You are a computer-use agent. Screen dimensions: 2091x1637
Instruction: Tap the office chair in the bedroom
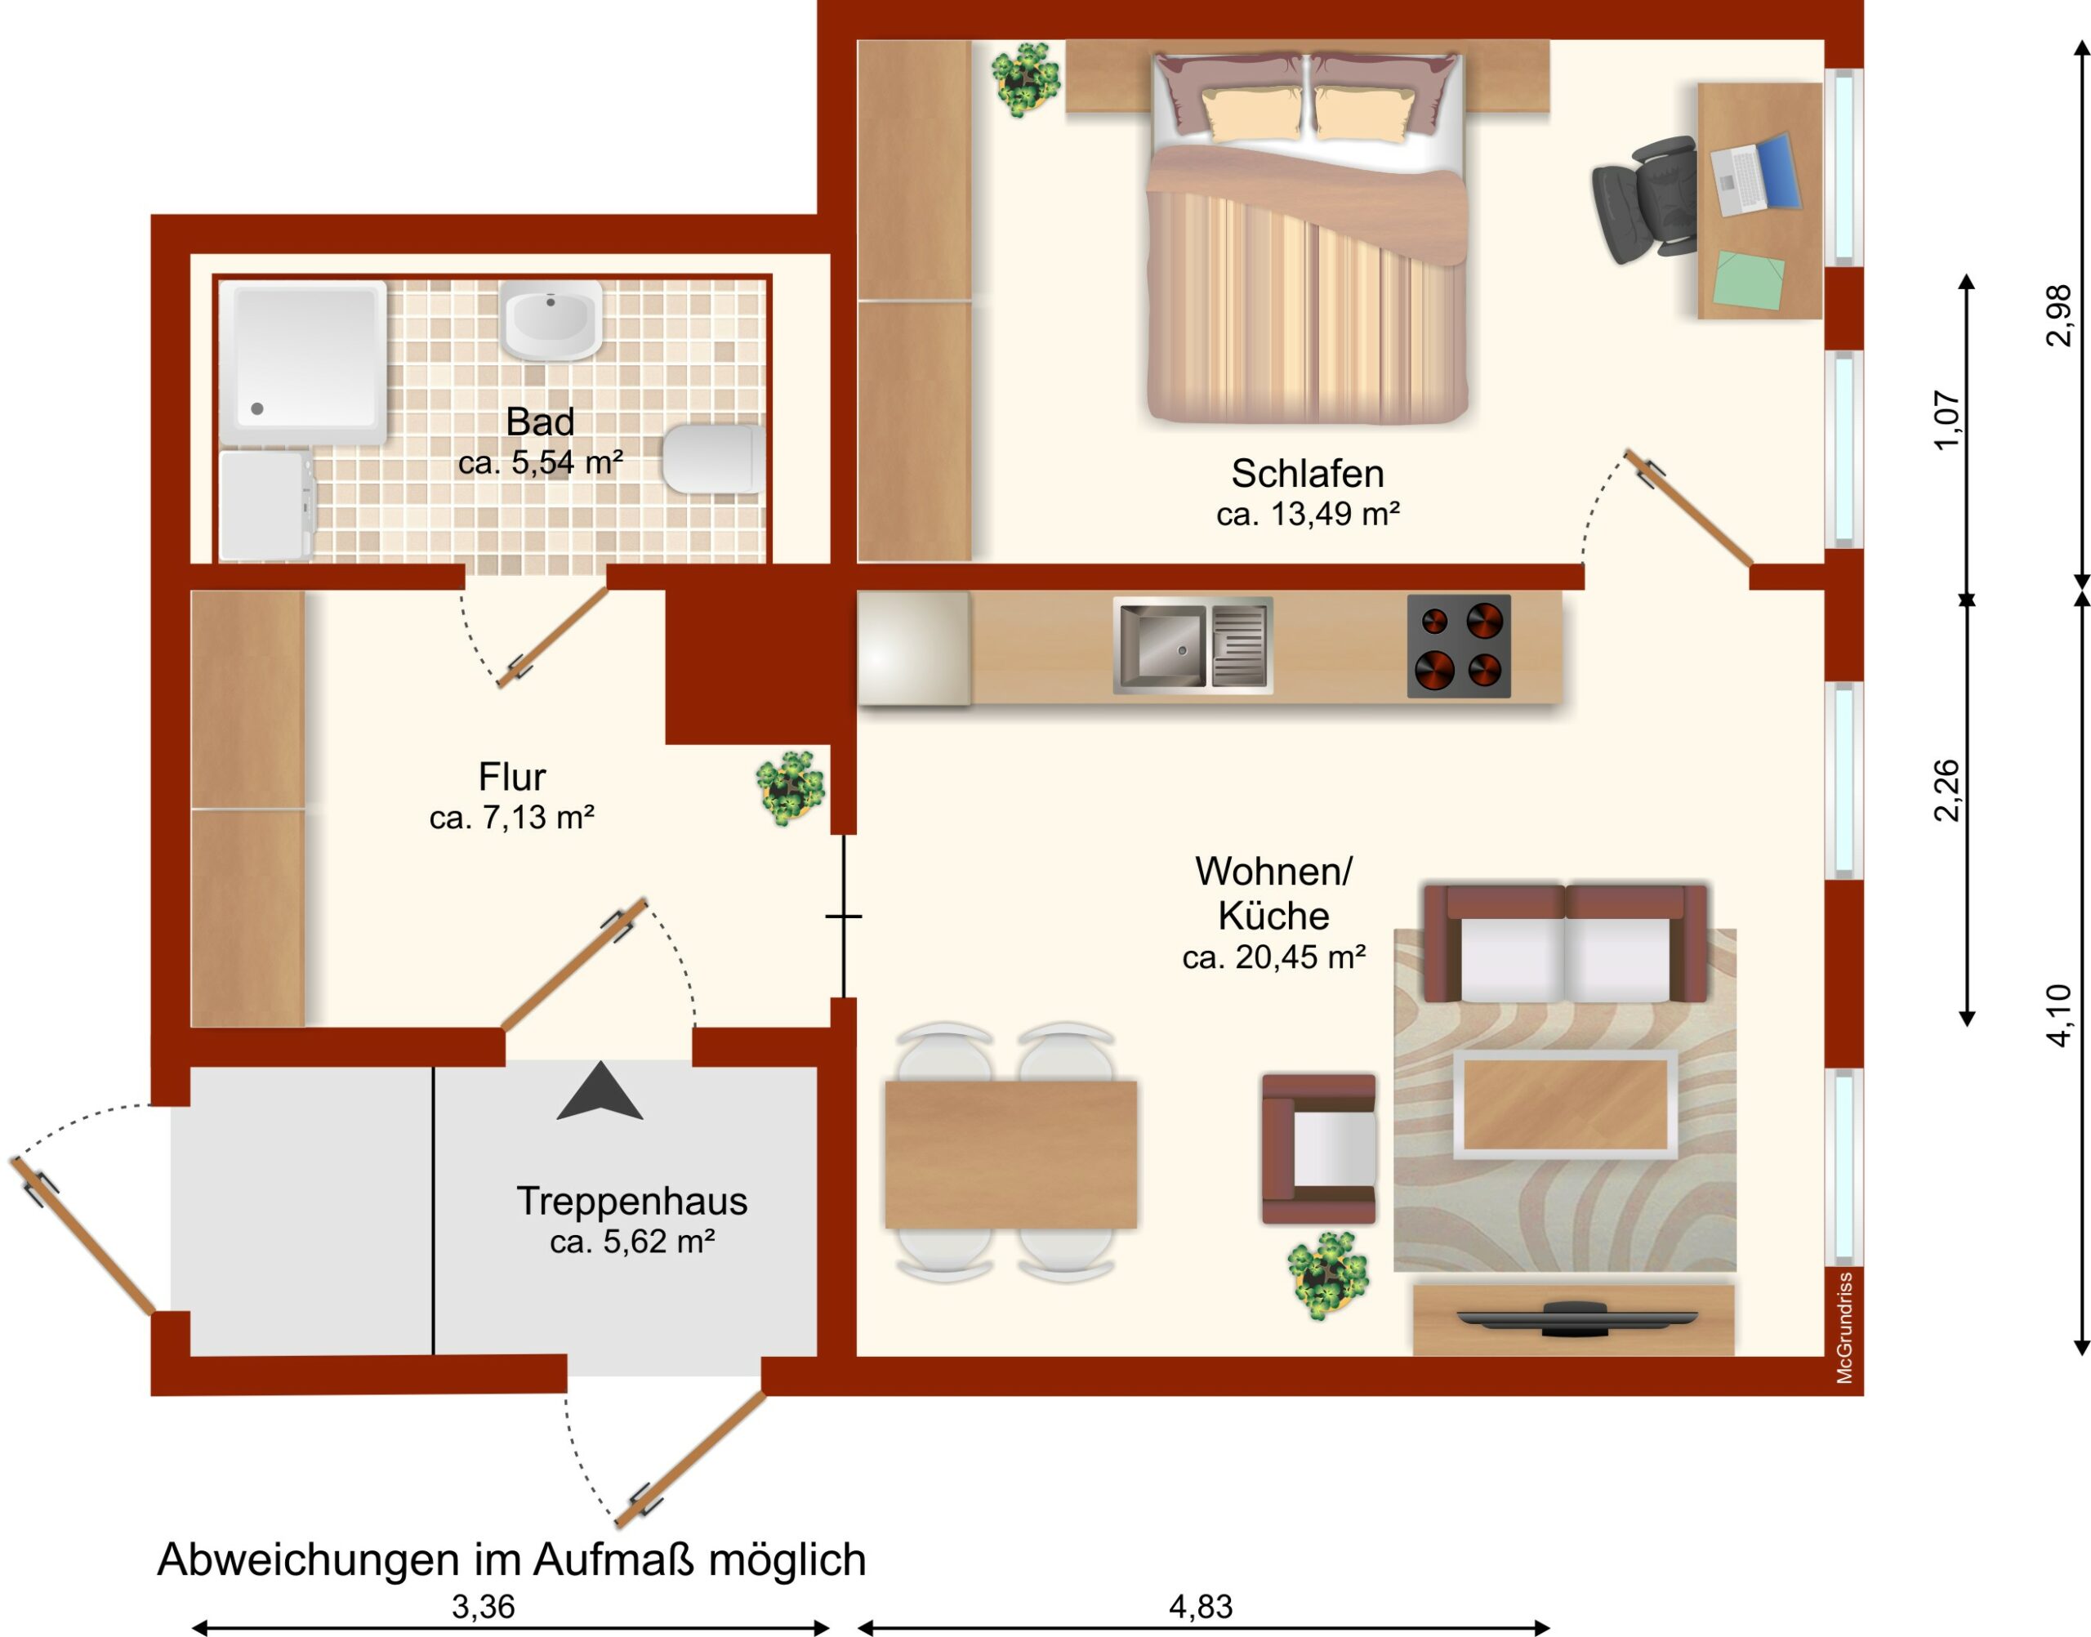click(1642, 199)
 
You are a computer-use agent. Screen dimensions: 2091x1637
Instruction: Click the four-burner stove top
click(1459, 646)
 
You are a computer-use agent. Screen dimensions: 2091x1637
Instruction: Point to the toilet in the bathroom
click(713, 459)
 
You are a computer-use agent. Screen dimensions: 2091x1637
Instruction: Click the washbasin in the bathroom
click(551, 320)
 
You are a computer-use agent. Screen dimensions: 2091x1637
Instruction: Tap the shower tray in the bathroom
click(303, 363)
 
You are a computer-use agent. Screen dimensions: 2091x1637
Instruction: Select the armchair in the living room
click(1318, 1149)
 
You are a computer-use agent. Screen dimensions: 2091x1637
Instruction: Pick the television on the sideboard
click(1576, 1318)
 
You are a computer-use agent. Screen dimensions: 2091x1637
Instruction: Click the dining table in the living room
click(1010, 1154)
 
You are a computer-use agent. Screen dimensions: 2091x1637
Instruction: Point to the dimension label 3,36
click(483, 1606)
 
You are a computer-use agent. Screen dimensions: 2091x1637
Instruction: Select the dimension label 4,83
click(1201, 1606)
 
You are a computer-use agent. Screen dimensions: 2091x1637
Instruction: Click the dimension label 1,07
click(1947, 419)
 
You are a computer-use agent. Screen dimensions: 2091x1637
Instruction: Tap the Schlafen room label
click(1307, 474)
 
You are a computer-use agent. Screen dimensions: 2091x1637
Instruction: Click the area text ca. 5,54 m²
click(541, 463)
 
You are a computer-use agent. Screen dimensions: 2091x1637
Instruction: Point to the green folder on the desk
click(1750, 280)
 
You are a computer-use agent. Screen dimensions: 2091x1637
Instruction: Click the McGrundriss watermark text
click(1844, 1327)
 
